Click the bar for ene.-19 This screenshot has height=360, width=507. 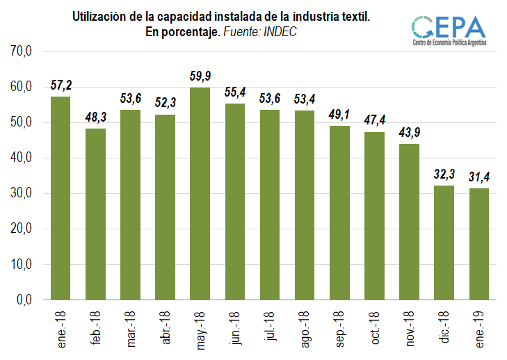point(478,244)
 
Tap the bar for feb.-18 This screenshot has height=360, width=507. point(95,214)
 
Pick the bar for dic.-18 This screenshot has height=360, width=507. point(444,243)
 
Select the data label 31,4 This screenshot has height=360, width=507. point(478,177)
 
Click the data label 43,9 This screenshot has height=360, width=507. point(409,132)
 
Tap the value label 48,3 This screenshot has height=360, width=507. point(95,117)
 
